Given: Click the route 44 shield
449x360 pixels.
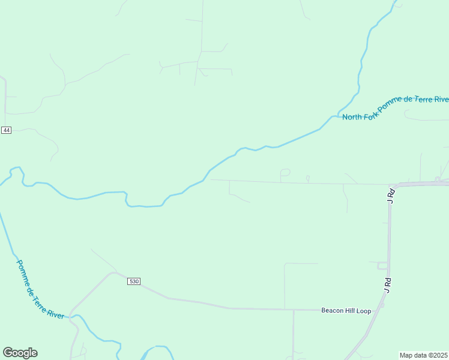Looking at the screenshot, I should coord(6,130).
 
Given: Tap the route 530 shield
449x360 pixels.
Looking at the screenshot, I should coord(134,281).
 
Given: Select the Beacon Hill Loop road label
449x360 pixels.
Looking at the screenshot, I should coord(346,310).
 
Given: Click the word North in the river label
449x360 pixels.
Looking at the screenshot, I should coord(352,116).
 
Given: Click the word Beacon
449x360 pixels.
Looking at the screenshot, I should coord(333,310).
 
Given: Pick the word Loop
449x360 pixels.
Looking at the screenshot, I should coord(365,310).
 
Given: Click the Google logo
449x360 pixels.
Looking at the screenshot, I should coord(20,353).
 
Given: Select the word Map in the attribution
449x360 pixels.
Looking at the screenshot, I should coord(406,355).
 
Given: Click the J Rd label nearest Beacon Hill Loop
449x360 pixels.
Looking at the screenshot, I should coord(387,285).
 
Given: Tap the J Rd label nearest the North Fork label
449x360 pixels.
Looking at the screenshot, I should coord(390,196).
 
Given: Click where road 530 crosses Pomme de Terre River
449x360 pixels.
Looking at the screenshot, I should coord(71,314).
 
